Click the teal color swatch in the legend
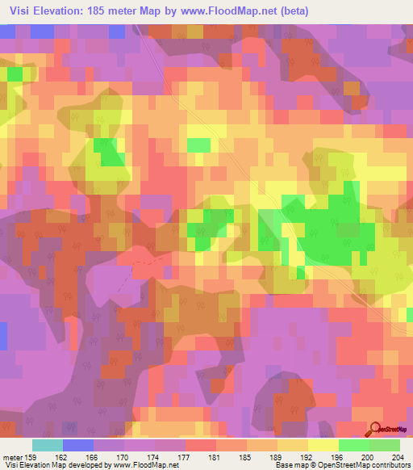(x=48, y=445)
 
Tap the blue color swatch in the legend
(x=78, y=445)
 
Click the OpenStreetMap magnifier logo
(x=375, y=430)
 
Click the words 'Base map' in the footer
(x=290, y=465)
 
